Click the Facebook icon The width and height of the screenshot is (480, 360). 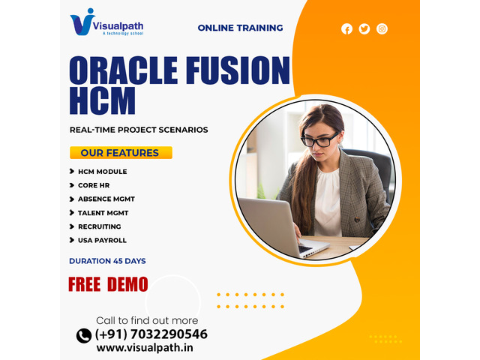346,29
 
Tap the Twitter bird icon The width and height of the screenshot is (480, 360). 364,29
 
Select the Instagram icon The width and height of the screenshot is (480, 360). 382,29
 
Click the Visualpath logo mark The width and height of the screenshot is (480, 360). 82,22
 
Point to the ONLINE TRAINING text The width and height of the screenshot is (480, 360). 240,28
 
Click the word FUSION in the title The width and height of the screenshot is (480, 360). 238,70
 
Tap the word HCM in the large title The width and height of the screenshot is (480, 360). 103,100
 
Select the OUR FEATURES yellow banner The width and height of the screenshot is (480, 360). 121,152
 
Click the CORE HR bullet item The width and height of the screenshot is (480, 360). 94,185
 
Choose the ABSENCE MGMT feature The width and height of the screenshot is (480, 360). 106,199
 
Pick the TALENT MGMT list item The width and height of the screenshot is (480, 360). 103,213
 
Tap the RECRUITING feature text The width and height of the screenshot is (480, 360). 100,226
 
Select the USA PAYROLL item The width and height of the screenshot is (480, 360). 102,240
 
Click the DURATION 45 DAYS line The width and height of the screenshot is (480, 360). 107,261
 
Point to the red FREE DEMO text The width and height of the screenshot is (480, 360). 108,284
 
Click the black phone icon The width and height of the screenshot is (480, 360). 84,336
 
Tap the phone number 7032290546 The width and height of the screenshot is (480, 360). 169,334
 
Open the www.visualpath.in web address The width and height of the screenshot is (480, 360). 145,348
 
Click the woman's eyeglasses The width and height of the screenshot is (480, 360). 319,140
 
